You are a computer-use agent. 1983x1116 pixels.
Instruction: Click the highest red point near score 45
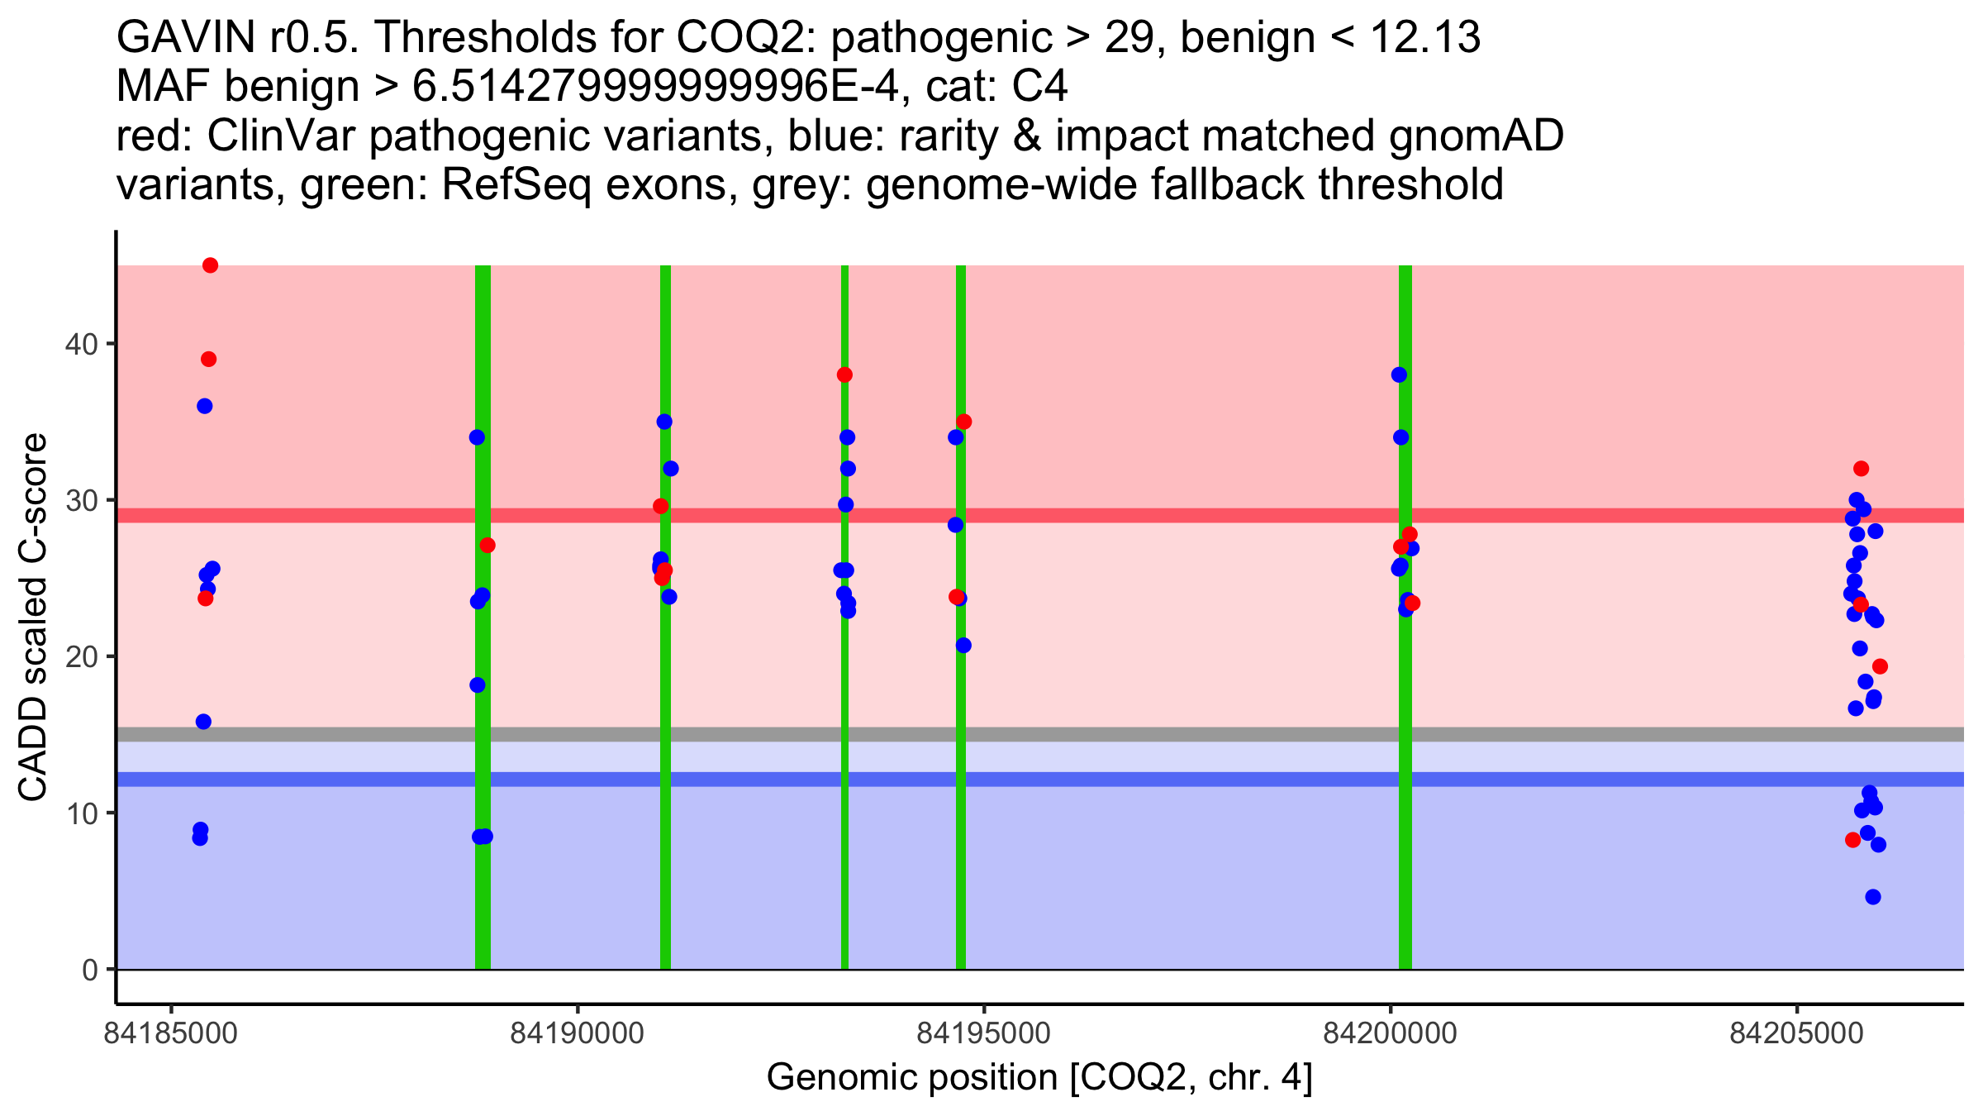210,265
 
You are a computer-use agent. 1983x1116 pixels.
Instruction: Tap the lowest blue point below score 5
1873,897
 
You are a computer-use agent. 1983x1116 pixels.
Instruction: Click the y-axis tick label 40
81,344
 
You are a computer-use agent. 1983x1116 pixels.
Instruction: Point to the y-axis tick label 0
89,970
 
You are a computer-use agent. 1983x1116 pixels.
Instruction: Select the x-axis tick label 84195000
983,1034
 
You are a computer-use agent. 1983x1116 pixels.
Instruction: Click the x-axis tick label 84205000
1796,1034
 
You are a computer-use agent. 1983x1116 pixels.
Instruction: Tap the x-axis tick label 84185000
171,1034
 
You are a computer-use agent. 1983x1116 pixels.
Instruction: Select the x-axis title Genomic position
1039,1078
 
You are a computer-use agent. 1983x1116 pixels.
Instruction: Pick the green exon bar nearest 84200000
1405,744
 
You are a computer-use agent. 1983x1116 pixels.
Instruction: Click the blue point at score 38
1399,374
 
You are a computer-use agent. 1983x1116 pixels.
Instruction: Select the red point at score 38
844,374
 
